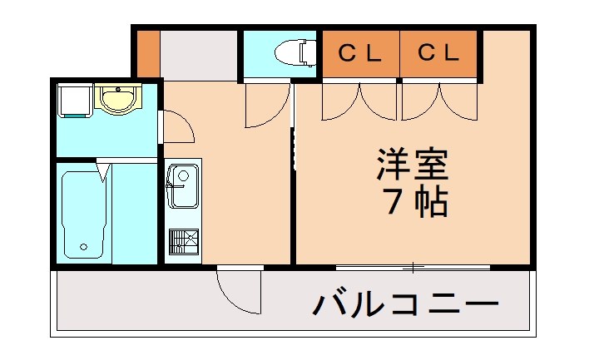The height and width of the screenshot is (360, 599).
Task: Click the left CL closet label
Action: tap(359, 54)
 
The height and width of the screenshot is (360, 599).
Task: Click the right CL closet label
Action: tap(438, 54)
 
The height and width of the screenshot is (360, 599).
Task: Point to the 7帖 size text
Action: tap(416, 203)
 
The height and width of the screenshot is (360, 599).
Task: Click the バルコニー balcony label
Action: tap(405, 305)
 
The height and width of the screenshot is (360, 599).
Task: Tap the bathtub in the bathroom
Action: tap(83, 214)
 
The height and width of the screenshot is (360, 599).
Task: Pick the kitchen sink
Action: tap(182, 185)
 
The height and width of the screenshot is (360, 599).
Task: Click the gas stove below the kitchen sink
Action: tap(183, 241)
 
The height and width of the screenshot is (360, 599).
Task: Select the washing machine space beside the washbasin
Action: tap(73, 100)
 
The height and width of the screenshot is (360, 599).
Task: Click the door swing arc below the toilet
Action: tap(268, 106)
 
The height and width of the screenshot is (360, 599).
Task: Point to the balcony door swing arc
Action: tap(240, 291)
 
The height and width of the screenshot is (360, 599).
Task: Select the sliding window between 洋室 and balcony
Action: tap(413, 267)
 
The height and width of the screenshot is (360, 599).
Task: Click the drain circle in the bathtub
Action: tap(83, 247)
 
